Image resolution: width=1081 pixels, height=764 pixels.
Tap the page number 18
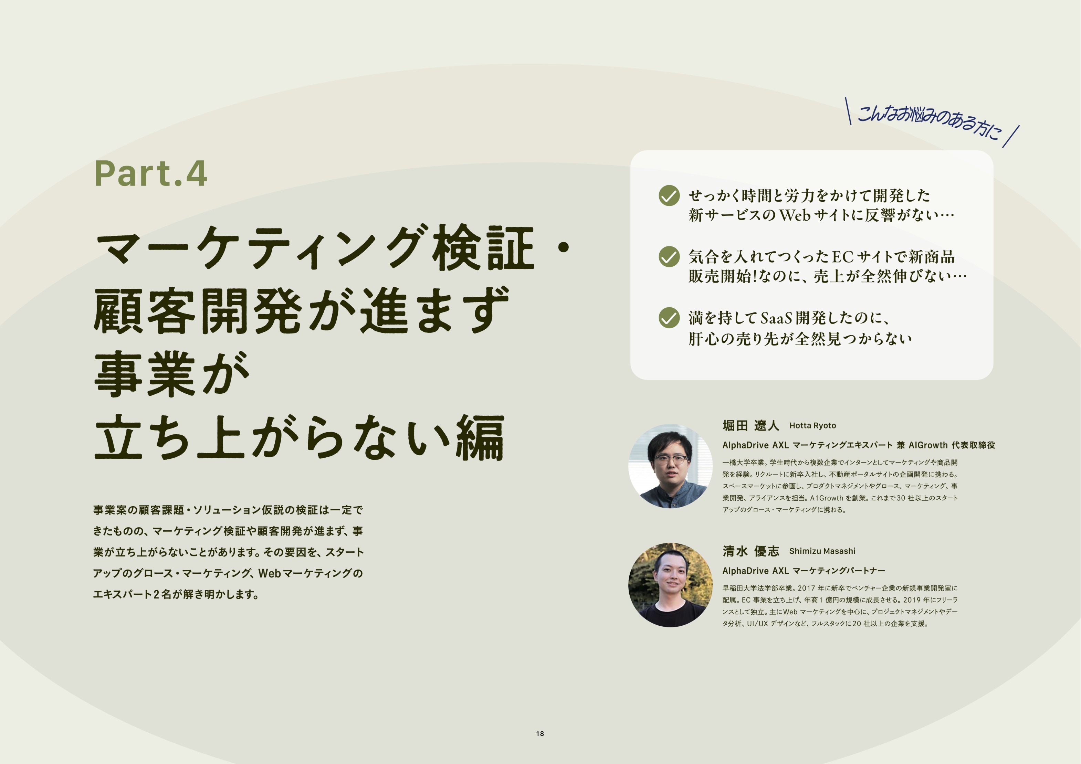click(540, 733)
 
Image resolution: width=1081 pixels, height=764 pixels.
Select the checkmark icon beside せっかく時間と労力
click(669, 195)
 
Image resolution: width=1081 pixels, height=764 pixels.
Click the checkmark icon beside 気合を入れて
click(669, 256)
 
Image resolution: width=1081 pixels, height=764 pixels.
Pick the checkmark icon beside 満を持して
click(669, 318)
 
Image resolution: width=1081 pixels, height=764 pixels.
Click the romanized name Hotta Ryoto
click(812, 426)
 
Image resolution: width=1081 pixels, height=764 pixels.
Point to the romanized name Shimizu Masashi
click(822, 551)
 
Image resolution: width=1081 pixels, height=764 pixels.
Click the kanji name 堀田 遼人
click(751, 426)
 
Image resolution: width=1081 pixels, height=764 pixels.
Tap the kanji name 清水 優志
click(751, 551)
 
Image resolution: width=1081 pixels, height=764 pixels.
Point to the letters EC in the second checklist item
click(843, 257)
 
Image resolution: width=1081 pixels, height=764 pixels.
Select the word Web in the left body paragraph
click(269, 573)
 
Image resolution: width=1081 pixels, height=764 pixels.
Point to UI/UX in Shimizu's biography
click(757, 624)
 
